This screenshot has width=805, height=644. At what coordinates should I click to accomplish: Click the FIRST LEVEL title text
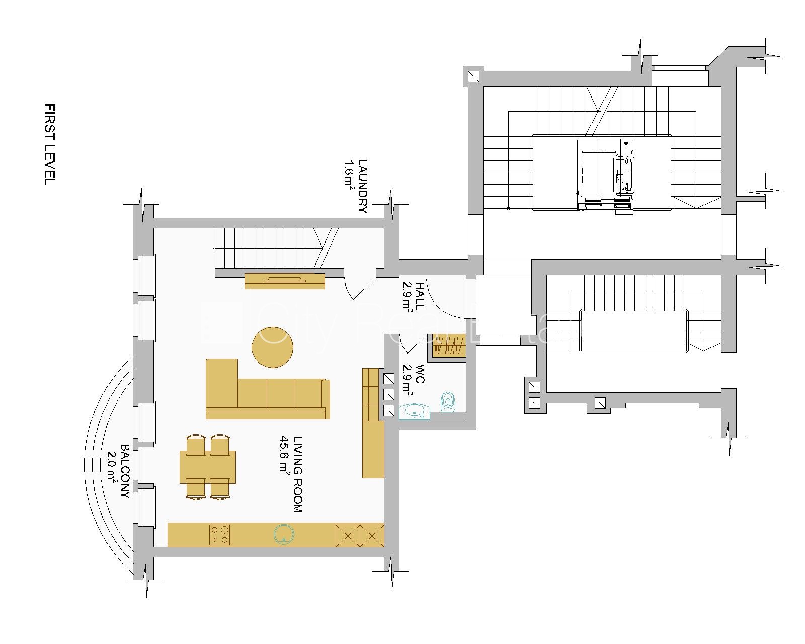[x=50, y=144]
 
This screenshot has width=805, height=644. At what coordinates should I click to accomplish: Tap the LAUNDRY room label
[x=362, y=186]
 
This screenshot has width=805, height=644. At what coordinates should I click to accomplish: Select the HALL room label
[x=420, y=296]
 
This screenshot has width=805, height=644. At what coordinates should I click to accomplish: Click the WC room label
[x=420, y=374]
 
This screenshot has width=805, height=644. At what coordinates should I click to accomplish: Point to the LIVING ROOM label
[x=298, y=474]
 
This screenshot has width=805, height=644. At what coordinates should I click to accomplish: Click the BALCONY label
[x=125, y=471]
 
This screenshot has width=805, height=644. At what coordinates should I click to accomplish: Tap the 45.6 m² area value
[x=285, y=455]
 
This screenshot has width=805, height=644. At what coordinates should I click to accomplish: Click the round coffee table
[x=272, y=347]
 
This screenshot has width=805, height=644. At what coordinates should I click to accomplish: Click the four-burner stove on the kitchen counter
[x=219, y=535]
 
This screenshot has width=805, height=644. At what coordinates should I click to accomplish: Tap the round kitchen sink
[x=284, y=534]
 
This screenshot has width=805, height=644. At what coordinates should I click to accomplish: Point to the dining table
[x=208, y=467]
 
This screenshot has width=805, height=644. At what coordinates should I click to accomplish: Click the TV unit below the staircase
[x=285, y=281]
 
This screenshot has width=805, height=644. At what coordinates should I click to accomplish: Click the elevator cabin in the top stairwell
[x=605, y=176]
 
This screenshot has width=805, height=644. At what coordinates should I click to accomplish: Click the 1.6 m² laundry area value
[x=349, y=174]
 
